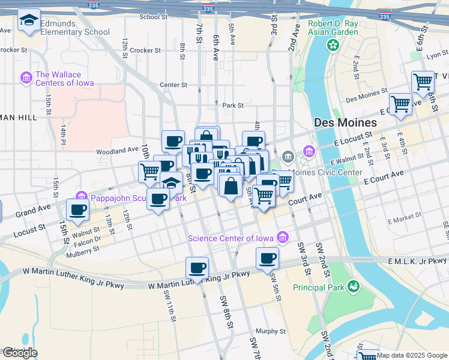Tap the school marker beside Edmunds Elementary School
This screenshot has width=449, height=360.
click(29, 21)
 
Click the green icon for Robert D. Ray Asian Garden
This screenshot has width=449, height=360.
click(332, 44)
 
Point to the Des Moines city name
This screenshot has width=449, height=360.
click(346, 122)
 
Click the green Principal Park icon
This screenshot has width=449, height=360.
click(354, 287)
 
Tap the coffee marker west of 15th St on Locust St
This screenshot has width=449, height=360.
click(77, 210)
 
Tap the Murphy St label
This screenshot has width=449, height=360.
click(270, 331)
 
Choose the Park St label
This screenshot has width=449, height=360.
click(232, 105)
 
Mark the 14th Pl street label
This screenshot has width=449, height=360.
click(62, 134)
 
